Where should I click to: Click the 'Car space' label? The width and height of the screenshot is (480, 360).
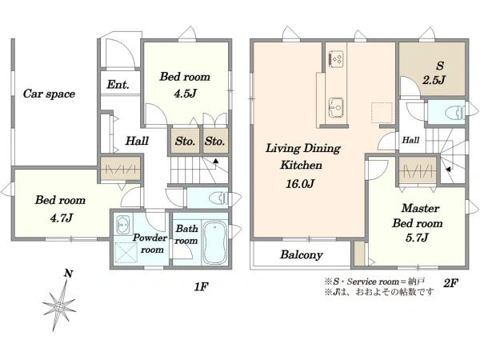coord(49,94)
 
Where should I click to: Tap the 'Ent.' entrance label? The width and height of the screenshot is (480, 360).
coord(118,84)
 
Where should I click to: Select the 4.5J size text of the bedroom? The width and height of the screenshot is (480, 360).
coord(186,94)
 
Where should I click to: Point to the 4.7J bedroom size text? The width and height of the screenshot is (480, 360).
coord(62,218)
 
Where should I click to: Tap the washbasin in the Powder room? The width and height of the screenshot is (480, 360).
coord(122,225)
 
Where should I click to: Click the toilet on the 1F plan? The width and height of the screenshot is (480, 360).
coord(219,198)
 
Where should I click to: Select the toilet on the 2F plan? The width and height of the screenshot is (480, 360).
coord(455,112)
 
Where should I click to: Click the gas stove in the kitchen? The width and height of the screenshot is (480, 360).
coord(336,58)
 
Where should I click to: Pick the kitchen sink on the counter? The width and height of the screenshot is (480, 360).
coord(336,107)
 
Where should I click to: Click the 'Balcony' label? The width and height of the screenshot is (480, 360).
coord(302,254)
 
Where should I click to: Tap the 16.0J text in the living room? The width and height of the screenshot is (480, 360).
coord(300,184)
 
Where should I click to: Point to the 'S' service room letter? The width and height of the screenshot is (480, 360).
coord(439,66)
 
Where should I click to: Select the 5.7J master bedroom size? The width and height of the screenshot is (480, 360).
coord(417,238)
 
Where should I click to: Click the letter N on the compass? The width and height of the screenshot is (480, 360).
coord(68,274)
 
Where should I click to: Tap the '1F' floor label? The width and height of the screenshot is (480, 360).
coord(201,287)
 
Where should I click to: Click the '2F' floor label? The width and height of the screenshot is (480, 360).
coord(450,283)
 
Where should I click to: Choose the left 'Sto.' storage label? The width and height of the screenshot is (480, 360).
coord(185,141)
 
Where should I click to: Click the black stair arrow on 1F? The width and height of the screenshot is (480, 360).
coord(216,161)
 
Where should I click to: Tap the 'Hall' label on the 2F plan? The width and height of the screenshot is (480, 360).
coord(410,140)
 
